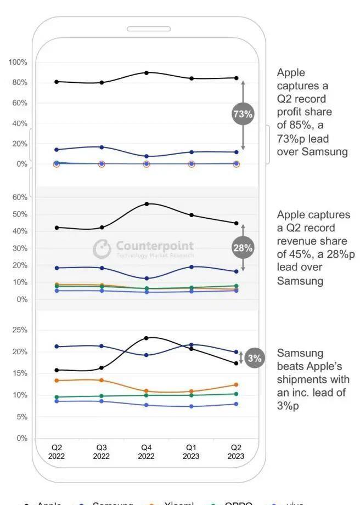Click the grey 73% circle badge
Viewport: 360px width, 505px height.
pos(243,114)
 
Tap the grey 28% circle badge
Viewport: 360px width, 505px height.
pos(242,248)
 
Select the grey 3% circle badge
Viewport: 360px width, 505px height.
pos(255,358)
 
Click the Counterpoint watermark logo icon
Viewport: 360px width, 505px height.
pos(102,248)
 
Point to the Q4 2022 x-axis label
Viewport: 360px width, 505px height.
pos(146,452)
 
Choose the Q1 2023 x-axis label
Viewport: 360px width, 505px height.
pos(191,452)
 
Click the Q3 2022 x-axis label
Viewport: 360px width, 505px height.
pos(101,452)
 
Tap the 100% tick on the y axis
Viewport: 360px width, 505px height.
pos(18,62)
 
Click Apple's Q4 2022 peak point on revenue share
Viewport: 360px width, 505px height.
pos(147,204)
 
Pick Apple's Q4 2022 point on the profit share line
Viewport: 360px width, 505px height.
pos(146,72)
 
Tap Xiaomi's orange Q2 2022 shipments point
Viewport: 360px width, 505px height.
pos(57,381)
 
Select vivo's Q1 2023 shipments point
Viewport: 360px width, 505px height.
pos(191,406)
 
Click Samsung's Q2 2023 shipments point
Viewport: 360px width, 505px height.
pos(236,352)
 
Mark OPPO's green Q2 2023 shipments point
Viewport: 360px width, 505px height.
pos(236,394)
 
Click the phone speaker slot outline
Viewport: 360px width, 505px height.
pos(149,29)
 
